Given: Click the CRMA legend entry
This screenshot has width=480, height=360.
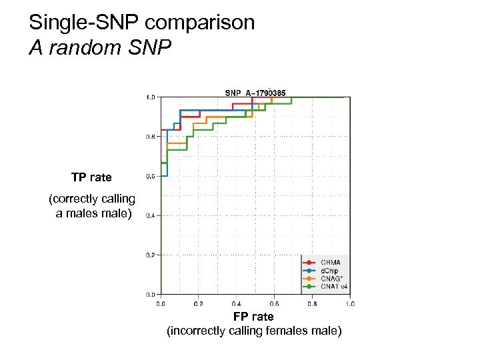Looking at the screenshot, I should tap(329, 263).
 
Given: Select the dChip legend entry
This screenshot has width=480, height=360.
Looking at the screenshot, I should tap(329, 271).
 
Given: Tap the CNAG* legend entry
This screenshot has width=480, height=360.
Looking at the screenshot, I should tap(331, 279).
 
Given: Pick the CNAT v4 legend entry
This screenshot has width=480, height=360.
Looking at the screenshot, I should tap(334, 287).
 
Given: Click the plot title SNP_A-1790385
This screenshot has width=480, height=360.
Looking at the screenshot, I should tap(255, 93).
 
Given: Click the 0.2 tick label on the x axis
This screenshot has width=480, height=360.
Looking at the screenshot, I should tap(199, 303).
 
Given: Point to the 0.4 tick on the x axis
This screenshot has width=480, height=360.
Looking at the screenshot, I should tap(237, 303).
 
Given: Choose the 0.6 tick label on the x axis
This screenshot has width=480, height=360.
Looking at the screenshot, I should tap(274, 303).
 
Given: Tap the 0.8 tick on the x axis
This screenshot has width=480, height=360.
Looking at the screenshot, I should tap(312, 303).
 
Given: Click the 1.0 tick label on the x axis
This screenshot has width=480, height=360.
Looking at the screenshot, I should tap(349, 303).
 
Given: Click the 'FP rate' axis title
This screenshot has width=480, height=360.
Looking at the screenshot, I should tap(253, 317).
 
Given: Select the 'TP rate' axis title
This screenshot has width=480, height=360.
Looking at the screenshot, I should tap(92, 177).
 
